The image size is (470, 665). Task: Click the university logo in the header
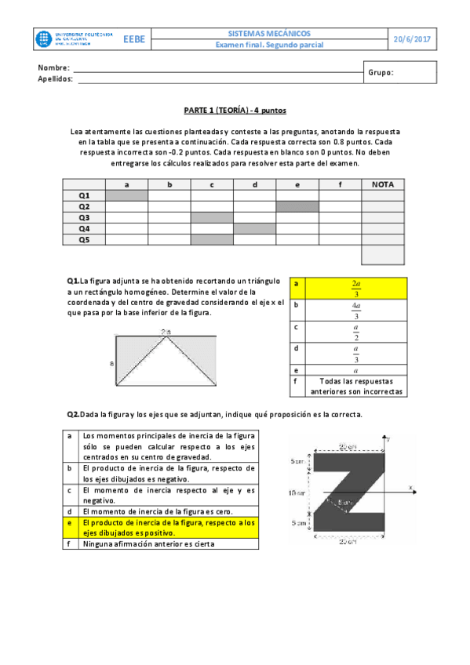pos(75,39)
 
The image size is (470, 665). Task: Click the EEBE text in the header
pos(133,39)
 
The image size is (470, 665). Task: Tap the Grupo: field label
pos(381,73)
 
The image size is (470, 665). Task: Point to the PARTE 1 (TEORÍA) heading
pos(235,111)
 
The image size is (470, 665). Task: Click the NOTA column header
pos(383,184)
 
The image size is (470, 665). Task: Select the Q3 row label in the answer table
pos(84,217)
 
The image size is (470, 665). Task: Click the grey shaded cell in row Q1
pos(126,195)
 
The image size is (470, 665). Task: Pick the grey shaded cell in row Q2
pos(297,206)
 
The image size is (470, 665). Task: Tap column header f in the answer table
pos(340,184)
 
